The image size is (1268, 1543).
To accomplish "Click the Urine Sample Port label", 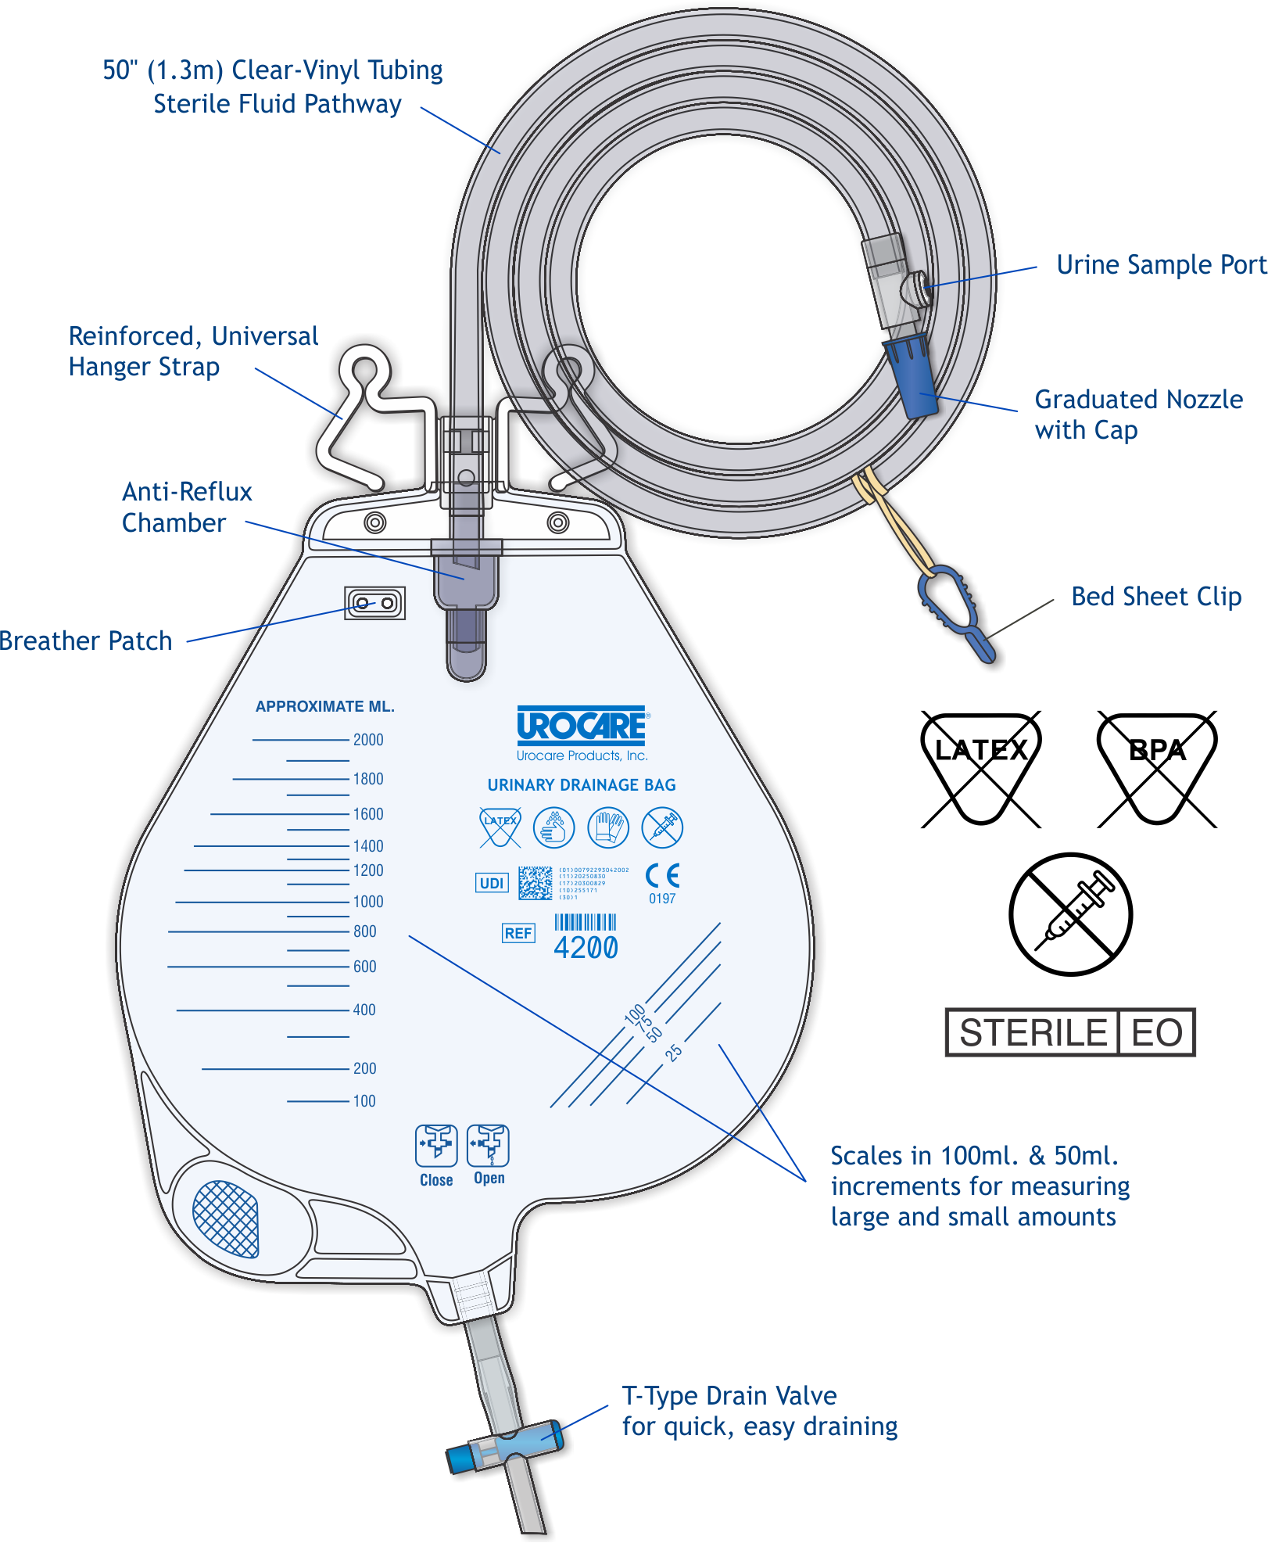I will click(1161, 265).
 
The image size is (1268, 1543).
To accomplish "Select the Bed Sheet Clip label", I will click(1156, 597).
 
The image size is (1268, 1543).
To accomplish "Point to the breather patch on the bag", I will click(375, 603).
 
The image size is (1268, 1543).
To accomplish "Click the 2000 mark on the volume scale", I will click(368, 740).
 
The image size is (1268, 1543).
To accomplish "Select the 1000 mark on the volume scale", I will click(368, 902).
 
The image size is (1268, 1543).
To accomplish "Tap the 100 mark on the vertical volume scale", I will click(364, 1101).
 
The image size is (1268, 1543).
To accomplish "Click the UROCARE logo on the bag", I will click(582, 726).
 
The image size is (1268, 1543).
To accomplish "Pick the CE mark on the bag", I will click(662, 876).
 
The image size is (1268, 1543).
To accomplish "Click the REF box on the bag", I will click(518, 933).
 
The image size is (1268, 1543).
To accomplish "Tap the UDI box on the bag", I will click(492, 883).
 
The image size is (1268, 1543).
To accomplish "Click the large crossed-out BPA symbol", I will click(1157, 768).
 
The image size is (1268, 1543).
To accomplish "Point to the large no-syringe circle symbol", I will click(1070, 913).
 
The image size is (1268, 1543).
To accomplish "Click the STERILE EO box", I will click(1070, 1032).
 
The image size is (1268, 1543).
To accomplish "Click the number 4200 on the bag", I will click(586, 948).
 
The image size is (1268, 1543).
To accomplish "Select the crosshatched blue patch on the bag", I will click(226, 1218).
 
